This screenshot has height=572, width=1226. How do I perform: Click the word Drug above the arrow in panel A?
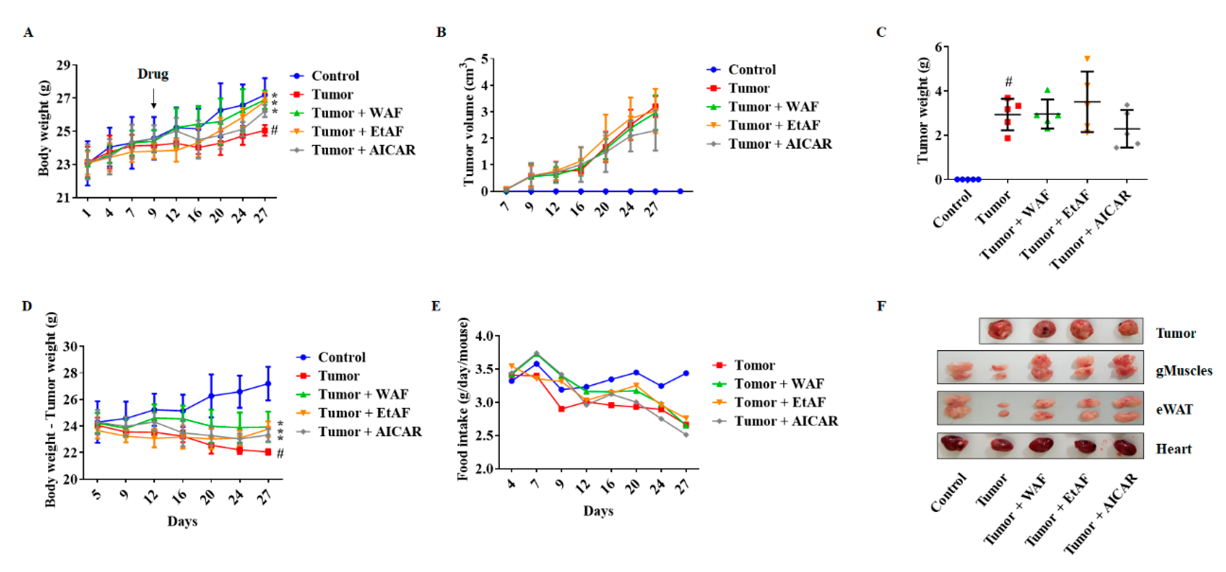coord(153,74)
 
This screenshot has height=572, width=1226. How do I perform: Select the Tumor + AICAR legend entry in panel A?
coord(363,150)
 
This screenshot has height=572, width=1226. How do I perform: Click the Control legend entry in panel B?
coord(751,70)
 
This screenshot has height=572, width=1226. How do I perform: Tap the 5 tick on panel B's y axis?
coord(485,59)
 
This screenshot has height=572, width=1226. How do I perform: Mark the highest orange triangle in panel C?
coord(1087,59)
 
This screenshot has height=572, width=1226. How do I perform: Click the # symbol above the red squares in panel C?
coord(1008,82)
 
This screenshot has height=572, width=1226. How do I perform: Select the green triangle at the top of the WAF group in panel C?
coord(1047,90)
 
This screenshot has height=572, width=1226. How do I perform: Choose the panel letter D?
coord(27,306)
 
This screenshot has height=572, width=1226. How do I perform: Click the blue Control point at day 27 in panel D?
coord(268,383)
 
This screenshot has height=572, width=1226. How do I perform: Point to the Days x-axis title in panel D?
coord(182,521)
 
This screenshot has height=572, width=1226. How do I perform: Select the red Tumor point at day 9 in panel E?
coord(562,409)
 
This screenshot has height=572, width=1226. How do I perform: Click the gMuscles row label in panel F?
coord(1184,371)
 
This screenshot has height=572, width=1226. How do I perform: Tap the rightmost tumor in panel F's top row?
coord(1128,329)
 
